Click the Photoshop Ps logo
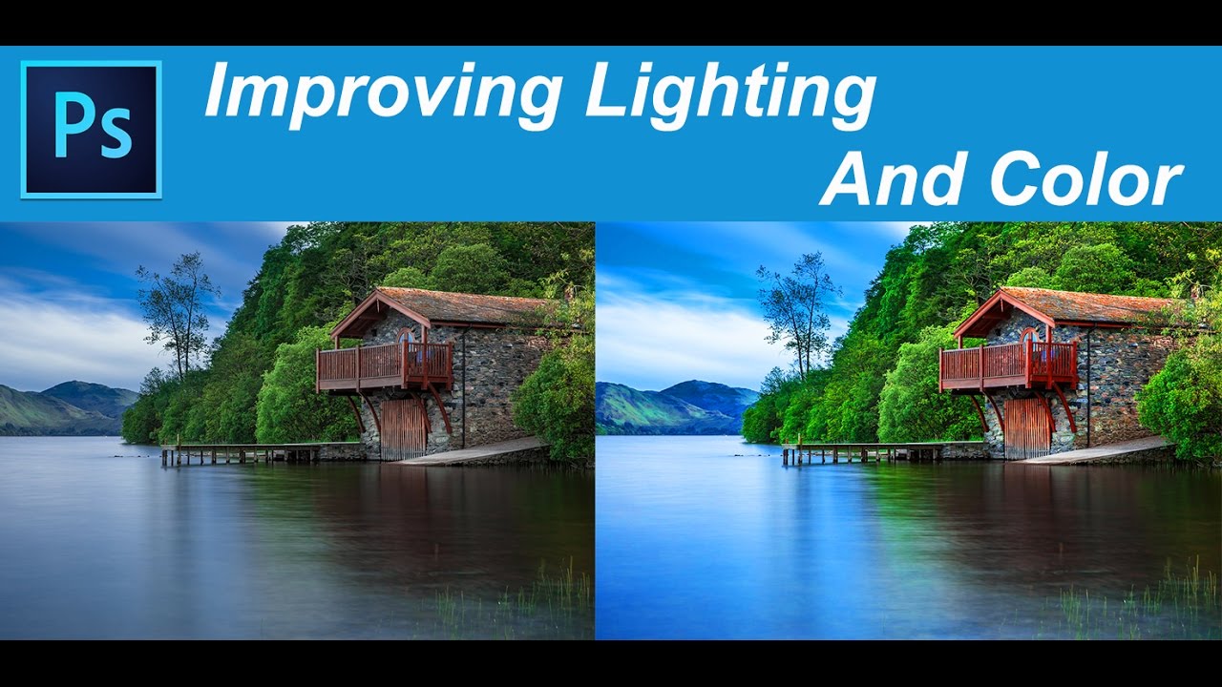point(91,130)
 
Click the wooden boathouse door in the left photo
point(403,429)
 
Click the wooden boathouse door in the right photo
point(1026,428)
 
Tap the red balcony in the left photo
point(385,366)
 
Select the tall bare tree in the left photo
point(178,315)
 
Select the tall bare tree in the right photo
point(800,315)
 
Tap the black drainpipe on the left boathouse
point(463,387)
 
